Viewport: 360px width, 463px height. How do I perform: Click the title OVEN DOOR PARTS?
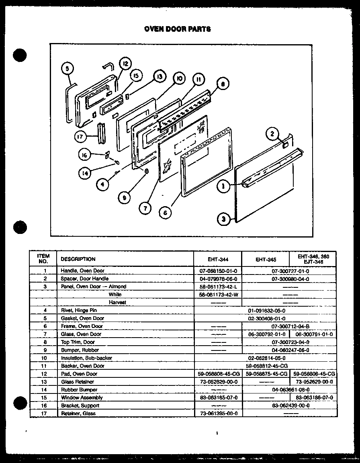[177, 29]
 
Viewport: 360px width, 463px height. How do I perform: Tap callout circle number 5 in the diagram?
[68, 69]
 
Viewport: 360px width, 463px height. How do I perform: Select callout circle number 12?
[125, 63]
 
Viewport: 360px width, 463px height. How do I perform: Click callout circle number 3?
[223, 219]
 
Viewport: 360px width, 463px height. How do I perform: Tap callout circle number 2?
[272, 134]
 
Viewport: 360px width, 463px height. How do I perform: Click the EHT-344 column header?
[218, 259]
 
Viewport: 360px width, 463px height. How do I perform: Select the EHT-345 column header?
[265, 259]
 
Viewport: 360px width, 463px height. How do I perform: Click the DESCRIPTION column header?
[78, 259]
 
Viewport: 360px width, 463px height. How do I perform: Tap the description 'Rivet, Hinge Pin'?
[79, 310]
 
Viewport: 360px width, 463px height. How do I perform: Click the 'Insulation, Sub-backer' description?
[86, 358]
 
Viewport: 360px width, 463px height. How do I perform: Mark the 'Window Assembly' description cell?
[82, 397]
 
